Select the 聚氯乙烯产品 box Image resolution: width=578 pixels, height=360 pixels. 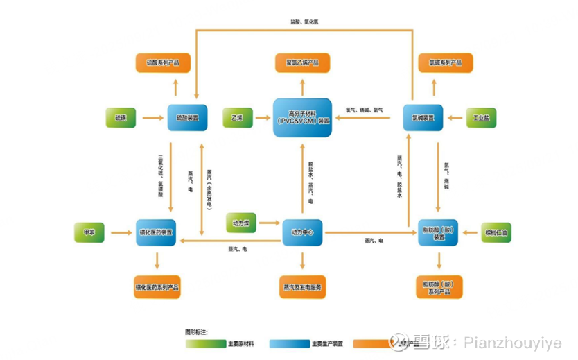click(301, 63)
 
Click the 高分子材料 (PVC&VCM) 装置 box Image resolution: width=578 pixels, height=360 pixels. click(302, 118)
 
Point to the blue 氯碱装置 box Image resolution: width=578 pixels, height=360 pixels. click(423, 118)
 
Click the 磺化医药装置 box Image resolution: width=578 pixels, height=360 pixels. click(157, 232)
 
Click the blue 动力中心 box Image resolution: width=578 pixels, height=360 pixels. click(302, 232)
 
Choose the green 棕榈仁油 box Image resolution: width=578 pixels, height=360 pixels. click(496, 232)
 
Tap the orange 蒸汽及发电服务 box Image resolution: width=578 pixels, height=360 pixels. click(302, 286)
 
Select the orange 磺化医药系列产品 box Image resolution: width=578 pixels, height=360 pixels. click(157, 286)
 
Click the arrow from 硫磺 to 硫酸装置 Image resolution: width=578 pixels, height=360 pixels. click(152, 118)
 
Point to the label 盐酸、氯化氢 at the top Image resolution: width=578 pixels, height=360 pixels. click(305, 23)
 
